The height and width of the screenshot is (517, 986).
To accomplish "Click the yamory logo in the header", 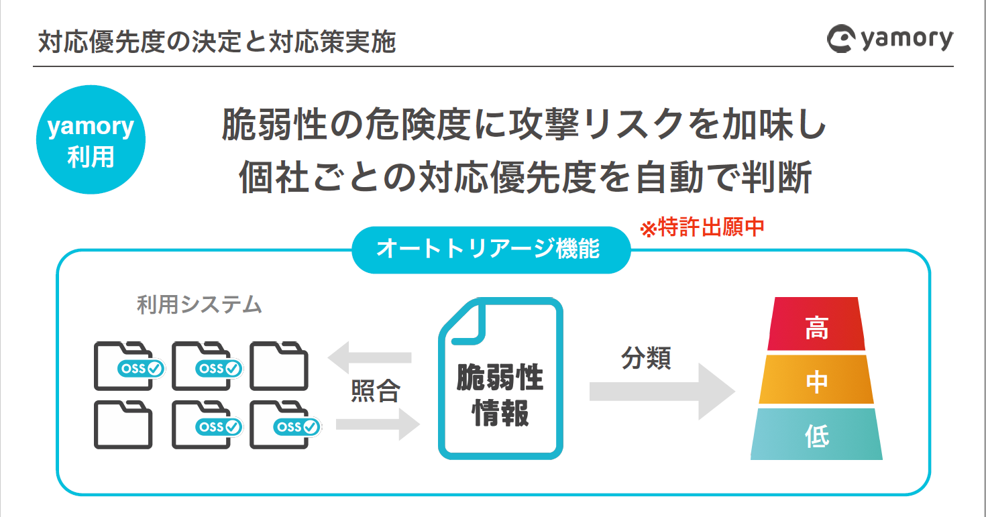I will coord(889,40).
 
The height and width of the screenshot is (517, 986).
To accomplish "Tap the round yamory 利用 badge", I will coord(91,139).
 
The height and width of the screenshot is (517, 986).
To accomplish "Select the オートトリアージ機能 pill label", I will coord(491,249).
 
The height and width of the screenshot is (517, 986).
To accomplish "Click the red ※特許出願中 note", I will coord(702,228).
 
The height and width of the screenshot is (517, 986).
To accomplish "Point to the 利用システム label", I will coord(199,305).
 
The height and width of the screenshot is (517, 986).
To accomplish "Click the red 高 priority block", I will coord(816,325).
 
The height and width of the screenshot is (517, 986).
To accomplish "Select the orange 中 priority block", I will coord(816,380).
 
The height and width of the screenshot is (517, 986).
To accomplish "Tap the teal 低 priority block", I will coord(816,435).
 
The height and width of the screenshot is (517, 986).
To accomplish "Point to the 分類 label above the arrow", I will coord(646,359).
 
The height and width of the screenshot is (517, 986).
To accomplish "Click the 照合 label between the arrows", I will coord(376,391).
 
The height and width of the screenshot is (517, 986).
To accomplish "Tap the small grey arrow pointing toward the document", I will coord(377,424).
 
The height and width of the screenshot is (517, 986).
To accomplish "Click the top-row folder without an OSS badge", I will coord(279,366).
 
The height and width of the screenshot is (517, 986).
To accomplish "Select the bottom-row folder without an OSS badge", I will coord(123,424).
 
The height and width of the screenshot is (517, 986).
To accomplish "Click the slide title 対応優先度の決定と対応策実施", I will coord(217,42).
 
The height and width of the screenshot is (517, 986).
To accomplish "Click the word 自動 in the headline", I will coord(674,176).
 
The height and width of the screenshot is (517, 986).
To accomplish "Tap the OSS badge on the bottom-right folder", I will coord(296,426).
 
